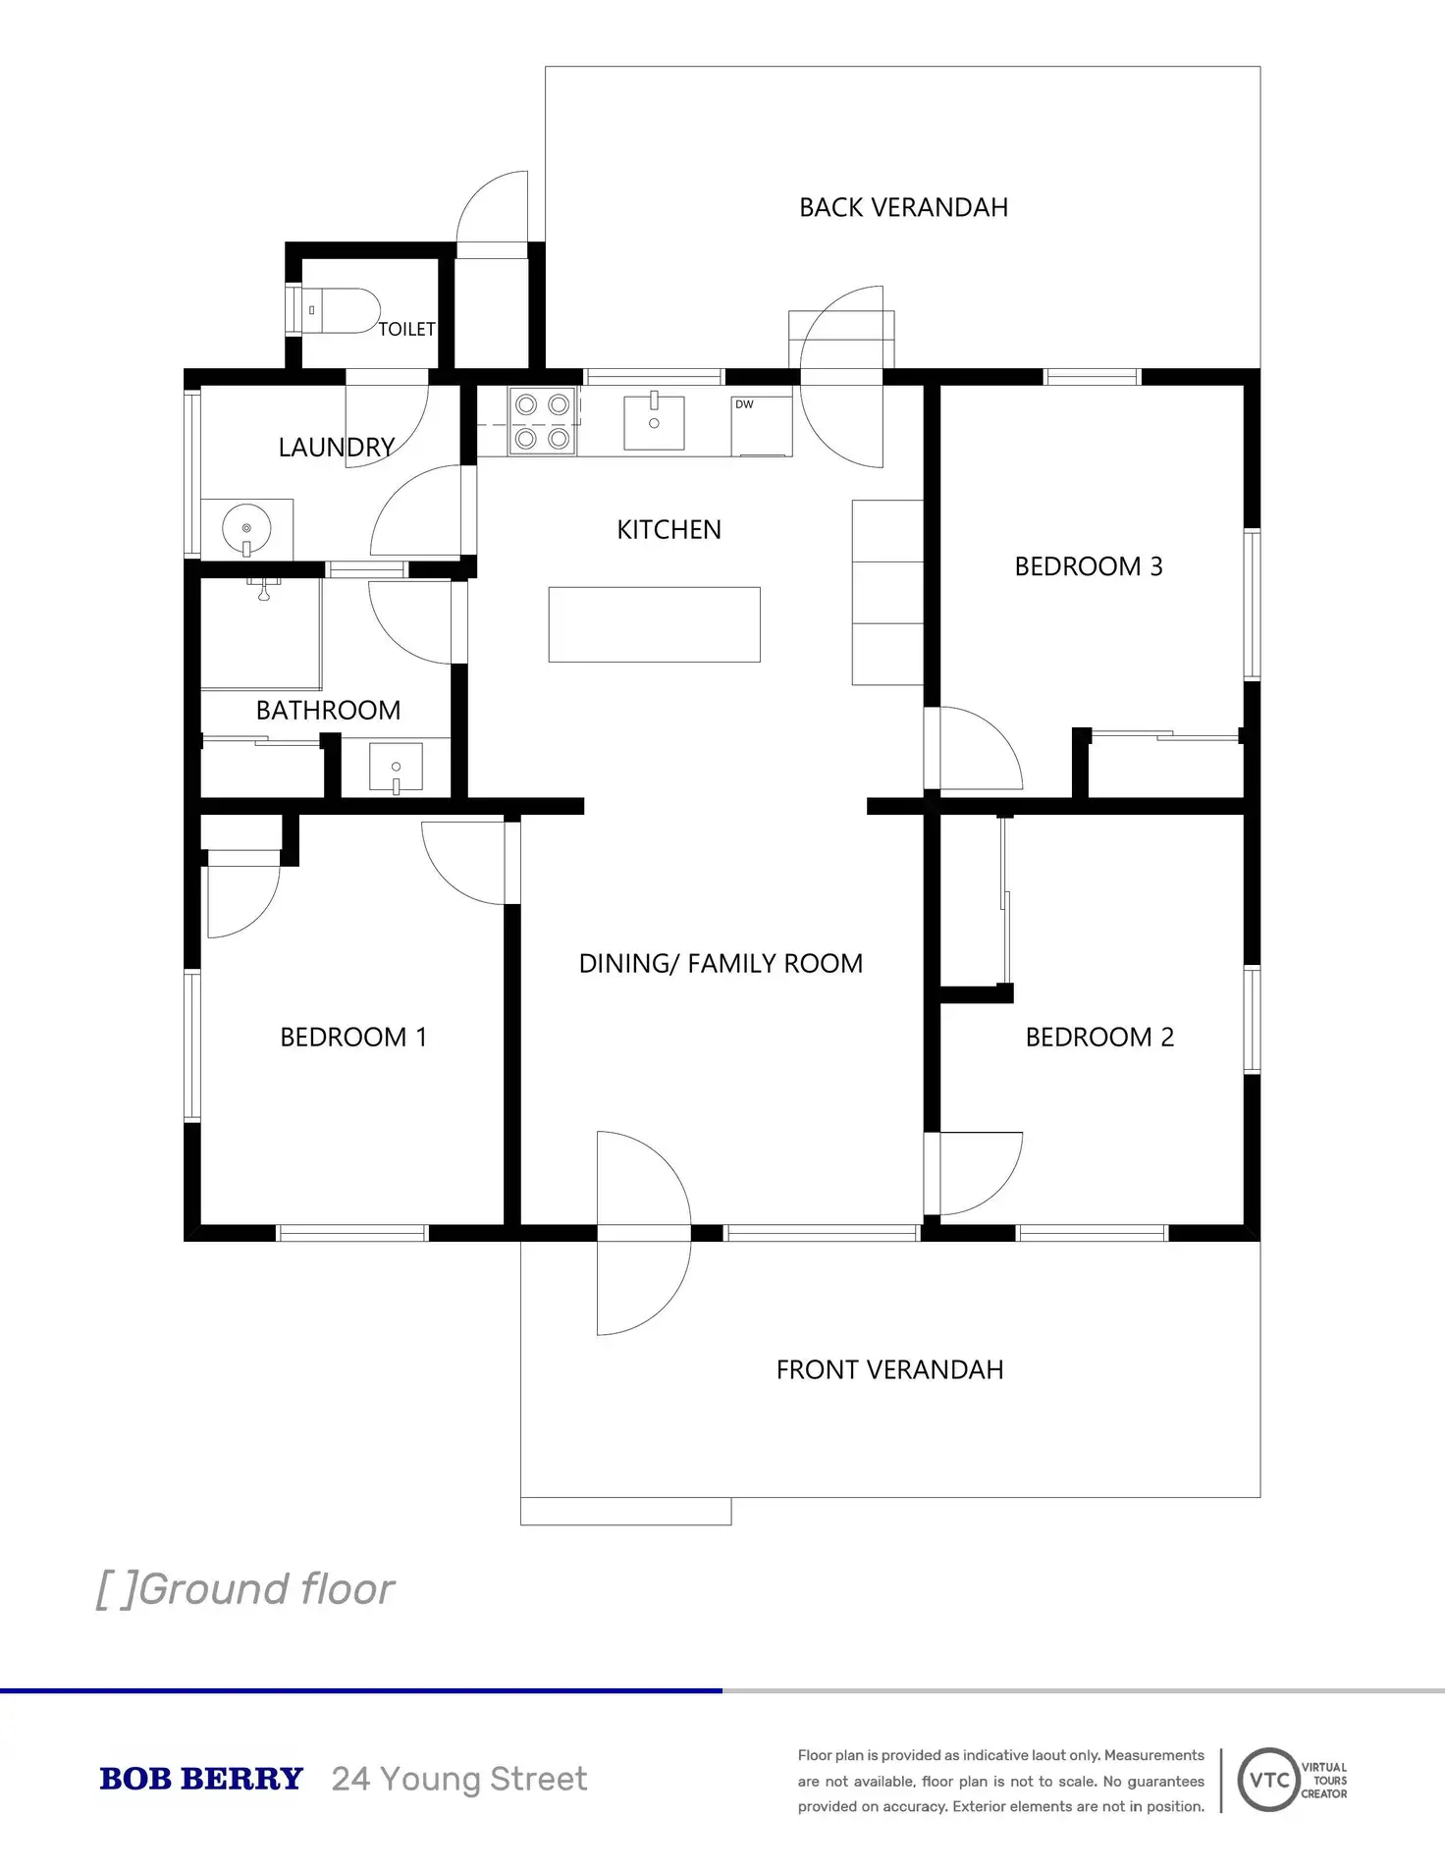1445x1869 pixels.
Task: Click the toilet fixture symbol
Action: tap(339, 310)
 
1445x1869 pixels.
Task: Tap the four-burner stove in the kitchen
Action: tap(542, 421)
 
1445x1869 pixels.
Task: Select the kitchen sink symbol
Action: tap(654, 422)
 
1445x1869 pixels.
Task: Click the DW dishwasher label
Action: tap(744, 404)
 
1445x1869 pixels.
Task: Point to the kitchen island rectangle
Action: tap(654, 624)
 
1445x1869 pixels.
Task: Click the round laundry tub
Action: tap(246, 529)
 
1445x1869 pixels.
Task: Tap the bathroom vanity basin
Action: tap(396, 767)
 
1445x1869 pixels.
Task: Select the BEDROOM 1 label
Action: tap(353, 1037)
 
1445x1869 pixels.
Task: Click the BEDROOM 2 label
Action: tap(1098, 1037)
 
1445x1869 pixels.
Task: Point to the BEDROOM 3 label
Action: tap(1088, 566)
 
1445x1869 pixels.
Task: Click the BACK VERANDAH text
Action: tap(903, 207)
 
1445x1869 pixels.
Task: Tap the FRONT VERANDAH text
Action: tap(889, 1369)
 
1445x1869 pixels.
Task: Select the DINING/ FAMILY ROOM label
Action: tap(721, 963)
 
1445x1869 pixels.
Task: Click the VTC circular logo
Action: tap(1268, 1780)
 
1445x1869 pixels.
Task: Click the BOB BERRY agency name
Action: tap(201, 1779)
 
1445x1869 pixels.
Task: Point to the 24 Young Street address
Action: tap(459, 1779)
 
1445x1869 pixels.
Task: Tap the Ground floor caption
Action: tap(245, 1589)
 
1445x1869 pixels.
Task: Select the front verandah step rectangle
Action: tap(625, 1511)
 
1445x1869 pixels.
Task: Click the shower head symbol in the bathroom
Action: tap(263, 590)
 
